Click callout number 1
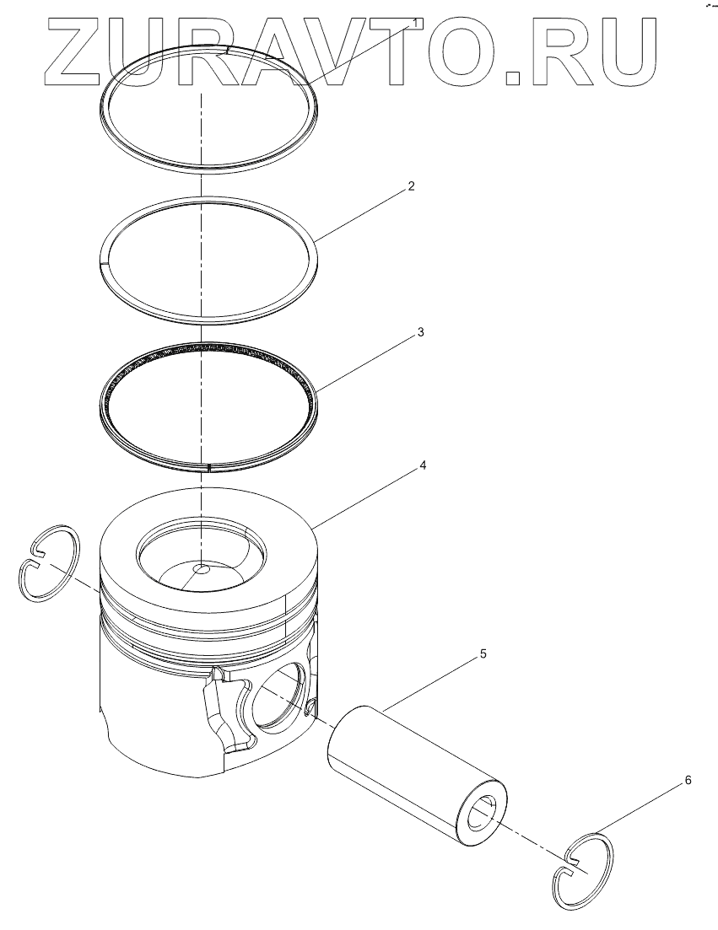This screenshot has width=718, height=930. pyautogui.click(x=417, y=23)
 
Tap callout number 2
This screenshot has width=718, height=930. pyautogui.click(x=411, y=186)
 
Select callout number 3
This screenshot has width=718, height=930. pyautogui.click(x=421, y=332)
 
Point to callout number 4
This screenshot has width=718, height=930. pyautogui.click(x=423, y=465)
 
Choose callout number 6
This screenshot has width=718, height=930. pyautogui.click(x=688, y=780)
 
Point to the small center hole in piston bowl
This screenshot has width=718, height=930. pyautogui.click(x=201, y=570)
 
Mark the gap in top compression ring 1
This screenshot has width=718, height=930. pyautogui.click(x=223, y=51)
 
